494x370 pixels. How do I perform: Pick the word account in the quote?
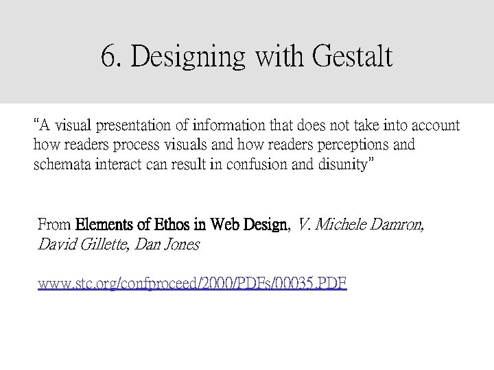point(435,127)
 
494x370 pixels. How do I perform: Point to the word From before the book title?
point(54,224)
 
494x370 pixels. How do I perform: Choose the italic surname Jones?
point(183,244)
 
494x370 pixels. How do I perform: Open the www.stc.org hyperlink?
point(192,282)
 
